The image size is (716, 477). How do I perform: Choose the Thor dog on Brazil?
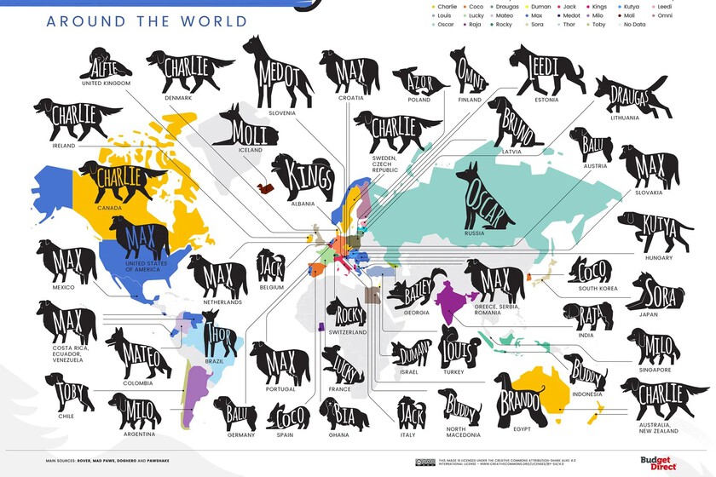[x=221, y=334]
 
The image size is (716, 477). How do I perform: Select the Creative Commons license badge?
[x=425, y=463]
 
